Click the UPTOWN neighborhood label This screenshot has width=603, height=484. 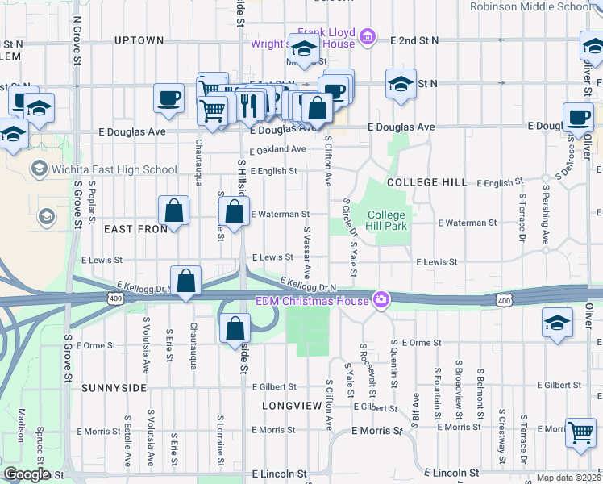click(x=139, y=40)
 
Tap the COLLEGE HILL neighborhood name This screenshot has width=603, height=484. click(x=426, y=183)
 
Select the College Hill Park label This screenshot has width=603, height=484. click(x=387, y=220)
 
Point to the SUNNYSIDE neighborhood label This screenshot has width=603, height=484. click(x=114, y=388)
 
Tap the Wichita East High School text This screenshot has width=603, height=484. click(x=114, y=169)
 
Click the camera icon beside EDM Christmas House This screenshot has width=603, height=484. click(x=380, y=300)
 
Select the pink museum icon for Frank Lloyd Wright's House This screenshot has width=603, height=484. click(x=368, y=35)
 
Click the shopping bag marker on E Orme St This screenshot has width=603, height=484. click(x=235, y=328)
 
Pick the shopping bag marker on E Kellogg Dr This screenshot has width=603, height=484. click(x=186, y=282)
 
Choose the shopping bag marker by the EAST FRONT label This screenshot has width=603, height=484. click(x=174, y=211)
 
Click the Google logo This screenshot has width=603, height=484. click(x=27, y=475)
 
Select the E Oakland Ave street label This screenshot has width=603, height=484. click(x=278, y=149)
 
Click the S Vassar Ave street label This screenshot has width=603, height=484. click(x=306, y=252)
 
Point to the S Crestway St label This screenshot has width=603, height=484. click(x=501, y=425)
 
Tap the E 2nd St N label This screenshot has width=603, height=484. click(x=414, y=40)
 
